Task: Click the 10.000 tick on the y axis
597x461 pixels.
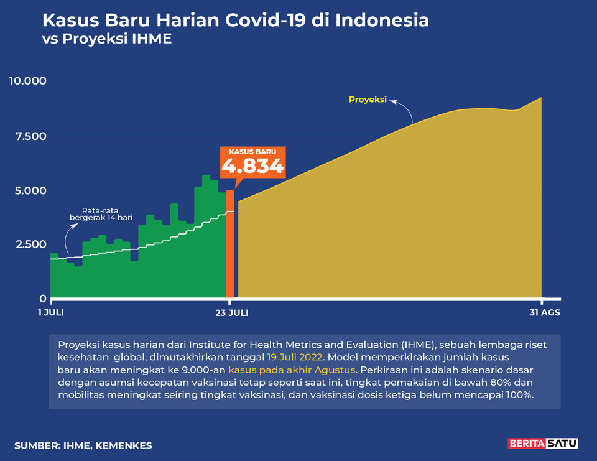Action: [28, 81]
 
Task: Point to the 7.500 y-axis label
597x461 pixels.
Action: [31, 136]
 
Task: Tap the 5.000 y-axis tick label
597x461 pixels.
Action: [30, 190]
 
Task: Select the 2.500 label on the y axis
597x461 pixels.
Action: [31, 244]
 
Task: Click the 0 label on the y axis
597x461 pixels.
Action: [43, 299]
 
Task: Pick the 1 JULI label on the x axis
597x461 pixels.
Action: [51, 313]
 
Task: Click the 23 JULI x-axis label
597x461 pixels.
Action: [232, 313]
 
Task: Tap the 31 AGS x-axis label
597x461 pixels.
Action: [545, 313]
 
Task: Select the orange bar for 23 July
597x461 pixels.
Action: [230, 244]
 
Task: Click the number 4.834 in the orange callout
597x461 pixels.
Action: [253, 166]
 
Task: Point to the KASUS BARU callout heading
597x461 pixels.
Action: [253, 152]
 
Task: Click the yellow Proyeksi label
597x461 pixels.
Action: [368, 100]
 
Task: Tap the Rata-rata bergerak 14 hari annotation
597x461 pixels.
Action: [101, 214]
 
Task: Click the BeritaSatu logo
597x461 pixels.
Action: [543, 444]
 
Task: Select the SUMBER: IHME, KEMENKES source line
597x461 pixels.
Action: [83, 445]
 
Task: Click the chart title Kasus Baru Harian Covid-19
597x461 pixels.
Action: [235, 20]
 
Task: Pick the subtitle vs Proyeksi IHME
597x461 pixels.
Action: [107, 39]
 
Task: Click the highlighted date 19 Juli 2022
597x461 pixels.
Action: [295, 357]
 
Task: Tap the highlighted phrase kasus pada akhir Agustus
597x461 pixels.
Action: [292, 370]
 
